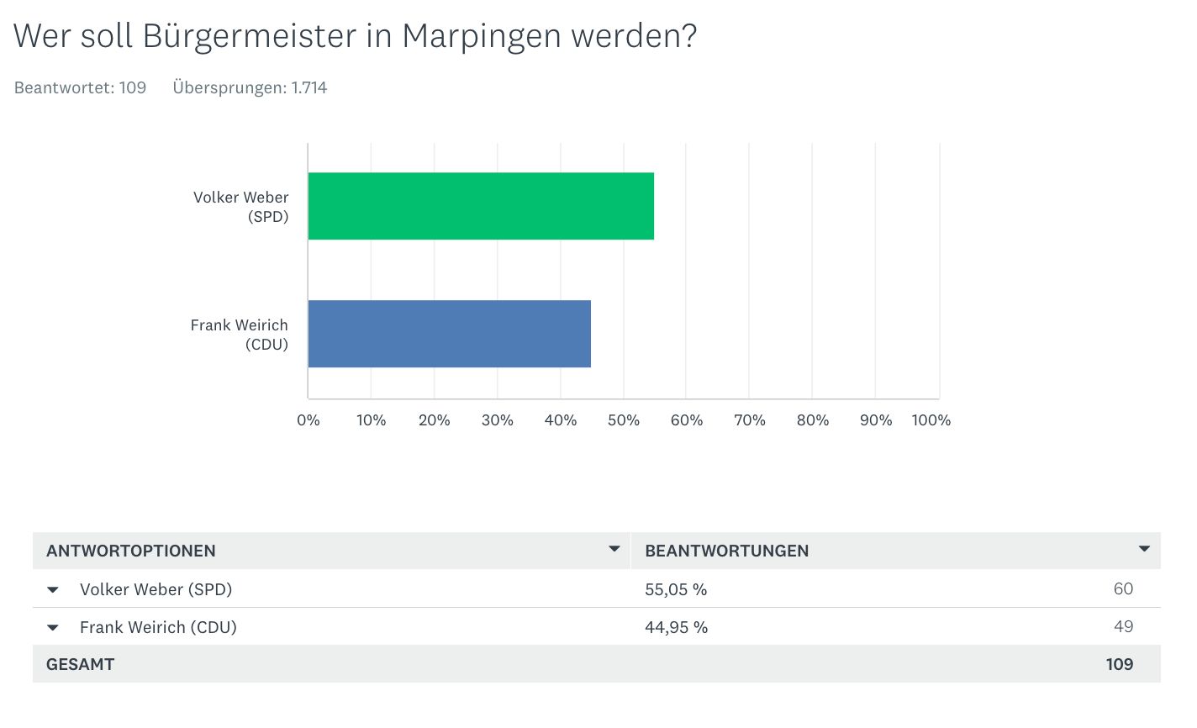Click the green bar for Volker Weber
(x=481, y=206)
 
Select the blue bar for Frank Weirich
(x=449, y=334)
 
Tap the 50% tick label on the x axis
(x=624, y=420)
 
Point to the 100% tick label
(x=931, y=420)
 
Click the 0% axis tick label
(x=308, y=420)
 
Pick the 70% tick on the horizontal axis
(x=750, y=420)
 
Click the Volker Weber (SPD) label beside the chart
(x=241, y=207)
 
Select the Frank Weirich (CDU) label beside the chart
(x=240, y=335)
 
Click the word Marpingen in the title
(x=482, y=36)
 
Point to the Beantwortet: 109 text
(x=81, y=87)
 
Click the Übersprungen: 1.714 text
(x=250, y=87)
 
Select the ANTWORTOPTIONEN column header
(x=131, y=551)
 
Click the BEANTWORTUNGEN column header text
(x=726, y=551)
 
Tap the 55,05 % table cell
(x=676, y=589)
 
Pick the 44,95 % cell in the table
(x=676, y=627)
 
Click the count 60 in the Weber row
(x=1123, y=588)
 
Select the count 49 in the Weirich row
(x=1123, y=626)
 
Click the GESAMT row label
(x=81, y=664)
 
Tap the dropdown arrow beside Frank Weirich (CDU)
(x=53, y=627)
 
